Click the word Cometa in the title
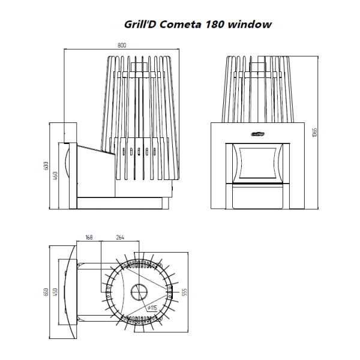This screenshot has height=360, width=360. [x=180, y=25]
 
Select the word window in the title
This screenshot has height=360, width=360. [x=250, y=25]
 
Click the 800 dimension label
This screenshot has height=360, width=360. [x=122, y=45]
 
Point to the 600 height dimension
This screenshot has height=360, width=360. [x=46, y=166]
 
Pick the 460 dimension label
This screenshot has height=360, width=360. [x=55, y=176]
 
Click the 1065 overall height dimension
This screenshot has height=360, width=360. [x=314, y=133]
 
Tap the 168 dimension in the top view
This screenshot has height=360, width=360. [x=89, y=237]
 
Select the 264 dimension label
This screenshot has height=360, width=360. [x=120, y=237]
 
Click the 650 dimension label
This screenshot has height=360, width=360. [x=46, y=292]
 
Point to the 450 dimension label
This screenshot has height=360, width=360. [x=55, y=292]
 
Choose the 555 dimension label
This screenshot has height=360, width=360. [x=184, y=292]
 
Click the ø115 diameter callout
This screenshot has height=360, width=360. [x=152, y=308]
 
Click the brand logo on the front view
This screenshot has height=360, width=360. [x=257, y=134]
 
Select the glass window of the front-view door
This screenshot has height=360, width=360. [x=257, y=163]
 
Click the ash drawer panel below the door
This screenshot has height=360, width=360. [x=257, y=197]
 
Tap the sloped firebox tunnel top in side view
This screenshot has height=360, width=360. [x=96, y=150]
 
